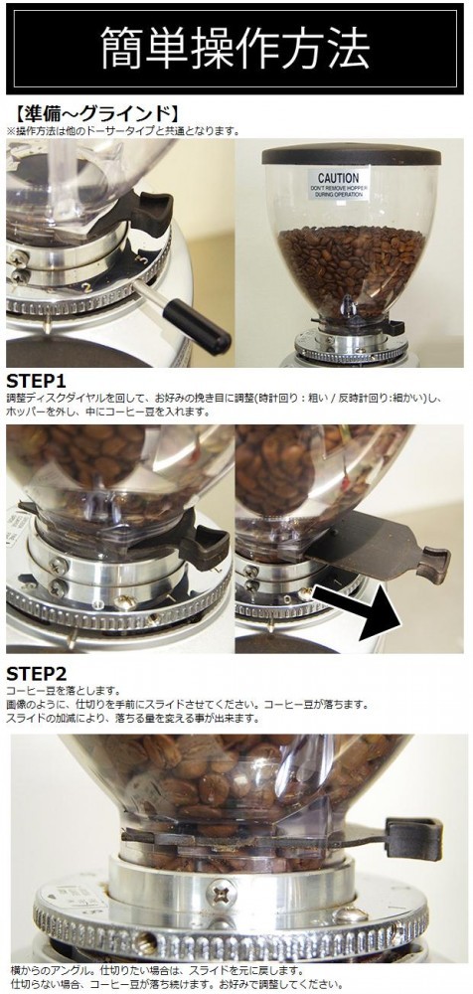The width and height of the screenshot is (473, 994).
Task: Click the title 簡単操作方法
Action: point(236,48)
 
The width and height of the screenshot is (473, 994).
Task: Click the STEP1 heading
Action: point(36,382)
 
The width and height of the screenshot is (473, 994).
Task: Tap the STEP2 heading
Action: point(36,674)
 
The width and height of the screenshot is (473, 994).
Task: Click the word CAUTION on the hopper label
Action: point(339,178)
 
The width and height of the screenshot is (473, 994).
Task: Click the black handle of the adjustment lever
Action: point(197,325)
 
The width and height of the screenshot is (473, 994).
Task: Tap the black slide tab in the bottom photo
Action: point(412,839)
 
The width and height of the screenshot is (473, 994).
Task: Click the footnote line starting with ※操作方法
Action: point(123,131)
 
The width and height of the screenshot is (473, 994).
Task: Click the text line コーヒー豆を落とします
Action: point(64,691)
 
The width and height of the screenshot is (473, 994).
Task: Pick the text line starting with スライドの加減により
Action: point(133,719)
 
